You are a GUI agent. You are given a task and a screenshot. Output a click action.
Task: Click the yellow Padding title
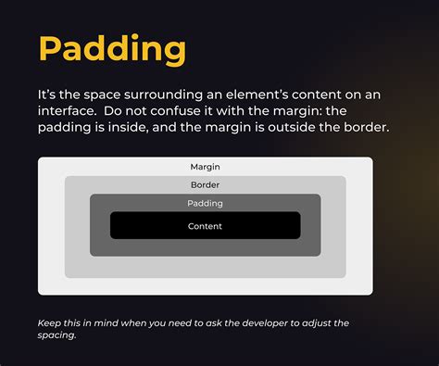[x=111, y=50]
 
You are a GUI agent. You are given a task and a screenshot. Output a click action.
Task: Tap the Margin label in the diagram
[x=205, y=167]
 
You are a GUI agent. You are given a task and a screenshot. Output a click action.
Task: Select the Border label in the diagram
[x=205, y=184]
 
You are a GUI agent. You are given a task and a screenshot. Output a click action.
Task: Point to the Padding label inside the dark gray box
[x=205, y=203]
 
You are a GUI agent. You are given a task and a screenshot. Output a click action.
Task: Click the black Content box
[x=205, y=226]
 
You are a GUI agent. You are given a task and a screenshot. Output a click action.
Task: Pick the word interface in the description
[x=67, y=110]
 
